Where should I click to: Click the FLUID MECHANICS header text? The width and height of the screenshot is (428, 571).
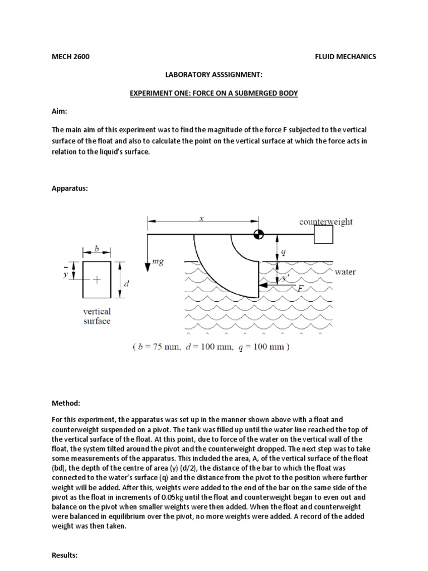click(346, 56)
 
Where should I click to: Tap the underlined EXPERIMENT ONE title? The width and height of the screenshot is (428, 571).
click(215, 93)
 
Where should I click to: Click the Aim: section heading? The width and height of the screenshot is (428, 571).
click(59, 112)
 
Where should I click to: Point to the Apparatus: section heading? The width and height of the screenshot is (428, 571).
click(70, 188)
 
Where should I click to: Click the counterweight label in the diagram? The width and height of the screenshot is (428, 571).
click(326, 221)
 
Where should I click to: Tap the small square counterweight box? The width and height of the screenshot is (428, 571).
click(323, 235)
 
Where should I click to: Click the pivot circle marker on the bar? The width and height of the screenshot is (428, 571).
click(258, 235)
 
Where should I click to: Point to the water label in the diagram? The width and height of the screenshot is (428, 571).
click(346, 272)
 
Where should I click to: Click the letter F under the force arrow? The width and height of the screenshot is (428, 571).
click(285, 288)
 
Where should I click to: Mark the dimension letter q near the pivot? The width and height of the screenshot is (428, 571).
click(283, 251)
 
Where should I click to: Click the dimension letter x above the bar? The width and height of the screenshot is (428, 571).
click(202, 219)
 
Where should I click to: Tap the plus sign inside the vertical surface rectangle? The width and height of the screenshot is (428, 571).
click(97, 280)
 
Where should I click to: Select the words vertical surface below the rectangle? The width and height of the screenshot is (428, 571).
click(97, 316)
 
